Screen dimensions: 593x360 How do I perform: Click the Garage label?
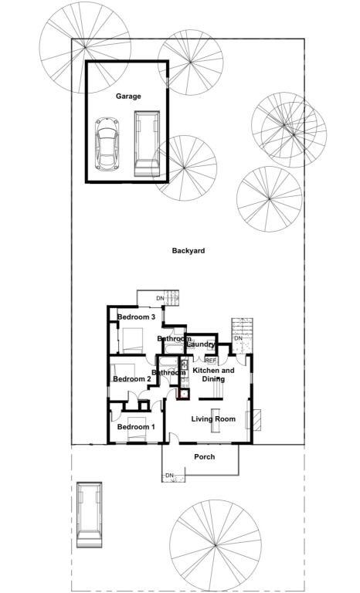pyautogui.click(x=128, y=97)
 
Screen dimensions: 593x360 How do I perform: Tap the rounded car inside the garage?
pyautogui.click(x=107, y=143)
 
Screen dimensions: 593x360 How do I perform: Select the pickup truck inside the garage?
pyautogui.click(x=146, y=144)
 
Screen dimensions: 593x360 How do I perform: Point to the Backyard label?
pyautogui.click(x=188, y=251)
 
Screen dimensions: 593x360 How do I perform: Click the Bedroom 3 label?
pyautogui.click(x=137, y=317)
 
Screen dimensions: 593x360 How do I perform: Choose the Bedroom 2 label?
pyautogui.click(x=131, y=379)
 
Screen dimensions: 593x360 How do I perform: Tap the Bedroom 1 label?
pyautogui.click(x=136, y=427)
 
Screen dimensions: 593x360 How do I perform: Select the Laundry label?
pyautogui.click(x=201, y=344)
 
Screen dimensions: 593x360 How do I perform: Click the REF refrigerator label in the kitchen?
pyautogui.click(x=210, y=361)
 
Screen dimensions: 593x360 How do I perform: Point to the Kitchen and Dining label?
pyautogui.click(x=213, y=375)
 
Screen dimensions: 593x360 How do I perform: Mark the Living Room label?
pyautogui.click(x=213, y=419)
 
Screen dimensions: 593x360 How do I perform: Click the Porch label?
pyautogui.click(x=204, y=457)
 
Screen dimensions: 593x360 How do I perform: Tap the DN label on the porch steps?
pyautogui.click(x=170, y=475)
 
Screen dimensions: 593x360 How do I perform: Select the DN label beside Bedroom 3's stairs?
pyautogui.click(x=160, y=299)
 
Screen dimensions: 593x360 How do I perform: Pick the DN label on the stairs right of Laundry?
pyautogui.click(x=239, y=339)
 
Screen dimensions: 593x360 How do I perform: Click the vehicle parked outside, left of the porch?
pyautogui.click(x=90, y=515)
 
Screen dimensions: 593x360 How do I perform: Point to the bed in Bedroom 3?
pyautogui.click(x=132, y=338)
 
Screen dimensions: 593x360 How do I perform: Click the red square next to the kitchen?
pyautogui.click(x=184, y=394)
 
